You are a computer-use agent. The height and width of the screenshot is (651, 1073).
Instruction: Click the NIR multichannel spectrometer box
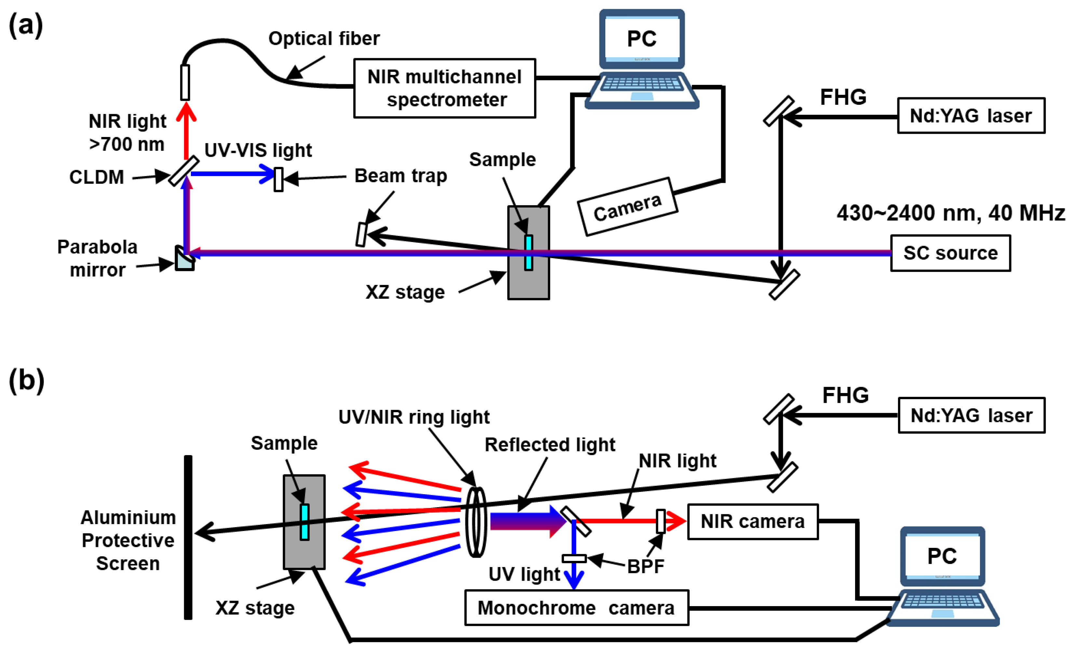click(x=444, y=88)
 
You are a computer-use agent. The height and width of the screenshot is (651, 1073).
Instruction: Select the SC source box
click(x=950, y=253)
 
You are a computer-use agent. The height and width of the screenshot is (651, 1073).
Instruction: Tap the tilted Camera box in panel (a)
click(x=627, y=207)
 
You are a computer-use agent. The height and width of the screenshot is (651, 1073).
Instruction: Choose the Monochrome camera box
click(x=576, y=608)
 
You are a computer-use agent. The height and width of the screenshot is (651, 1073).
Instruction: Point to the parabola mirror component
click(x=184, y=259)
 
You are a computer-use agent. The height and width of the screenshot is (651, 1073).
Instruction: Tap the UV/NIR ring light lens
click(x=476, y=522)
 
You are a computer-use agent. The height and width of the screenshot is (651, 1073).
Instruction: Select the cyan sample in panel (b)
click(x=304, y=522)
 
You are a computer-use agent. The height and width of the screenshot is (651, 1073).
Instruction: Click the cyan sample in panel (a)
click(x=528, y=252)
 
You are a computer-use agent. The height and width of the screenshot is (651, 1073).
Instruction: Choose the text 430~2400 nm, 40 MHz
click(x=950, y=213)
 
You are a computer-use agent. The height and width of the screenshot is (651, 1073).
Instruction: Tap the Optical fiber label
click(x=324, y=39)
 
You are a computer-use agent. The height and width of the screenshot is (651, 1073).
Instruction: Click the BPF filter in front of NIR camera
click(x=661, y=521)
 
